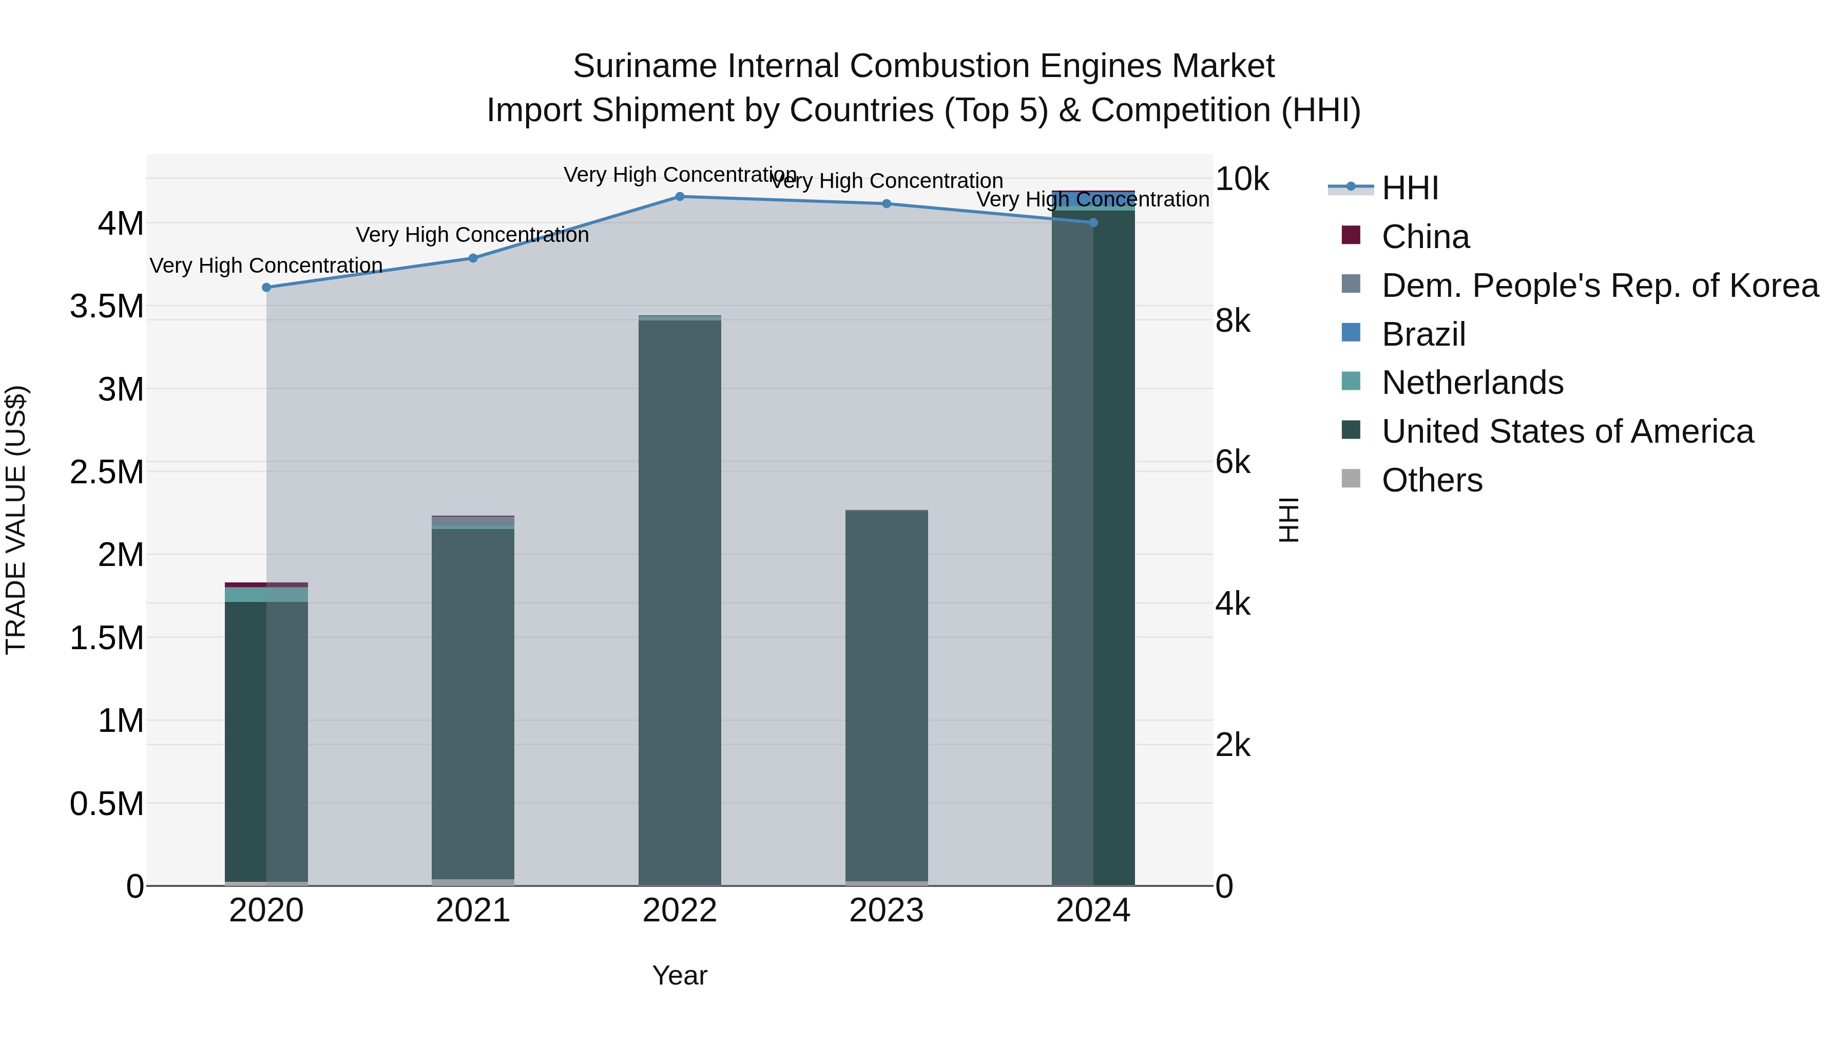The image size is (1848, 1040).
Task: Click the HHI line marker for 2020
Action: point(266,287)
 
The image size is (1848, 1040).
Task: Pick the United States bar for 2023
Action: point(886,696)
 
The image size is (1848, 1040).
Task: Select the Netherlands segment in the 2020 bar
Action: point(266,594)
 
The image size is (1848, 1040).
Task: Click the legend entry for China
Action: point(1424,237)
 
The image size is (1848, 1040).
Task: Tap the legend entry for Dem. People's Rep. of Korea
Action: point(1599,286)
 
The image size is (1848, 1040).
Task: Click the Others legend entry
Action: point(1431,480)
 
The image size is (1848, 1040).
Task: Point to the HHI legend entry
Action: point(1410,188)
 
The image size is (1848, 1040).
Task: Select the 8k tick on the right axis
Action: point(1233,321)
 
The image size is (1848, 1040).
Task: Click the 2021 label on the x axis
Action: point(473,911)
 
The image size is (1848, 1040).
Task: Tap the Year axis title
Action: point(679,975)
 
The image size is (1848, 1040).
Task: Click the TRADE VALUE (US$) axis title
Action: point(16,520)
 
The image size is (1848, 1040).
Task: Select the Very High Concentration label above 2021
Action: point(472,235)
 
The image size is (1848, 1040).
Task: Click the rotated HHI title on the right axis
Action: point(1288,520)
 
